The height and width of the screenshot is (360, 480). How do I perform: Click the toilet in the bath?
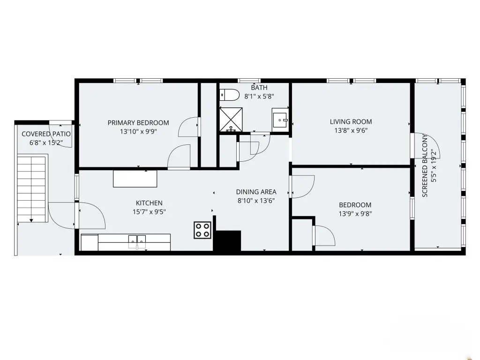[229, 95]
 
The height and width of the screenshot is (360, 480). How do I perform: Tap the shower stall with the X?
[231, 120]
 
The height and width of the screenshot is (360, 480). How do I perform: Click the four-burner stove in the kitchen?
[202, 230]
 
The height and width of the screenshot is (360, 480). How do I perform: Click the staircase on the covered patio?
[32, 188]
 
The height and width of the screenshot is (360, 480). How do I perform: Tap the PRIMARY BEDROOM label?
[138, 123]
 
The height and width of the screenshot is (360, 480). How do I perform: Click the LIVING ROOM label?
[351, 121]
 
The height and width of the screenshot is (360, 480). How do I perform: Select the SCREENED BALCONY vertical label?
[425, 165]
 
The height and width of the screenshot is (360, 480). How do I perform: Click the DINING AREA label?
[256, 192]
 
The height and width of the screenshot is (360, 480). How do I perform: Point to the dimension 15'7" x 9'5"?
[149, 212]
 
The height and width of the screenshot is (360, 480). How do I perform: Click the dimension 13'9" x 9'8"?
[355, 214]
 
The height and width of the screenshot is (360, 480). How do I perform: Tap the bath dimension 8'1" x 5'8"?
[259, 97]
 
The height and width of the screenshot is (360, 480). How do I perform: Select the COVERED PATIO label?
[46, 134]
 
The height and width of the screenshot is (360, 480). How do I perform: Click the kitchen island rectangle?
[135, 179]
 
